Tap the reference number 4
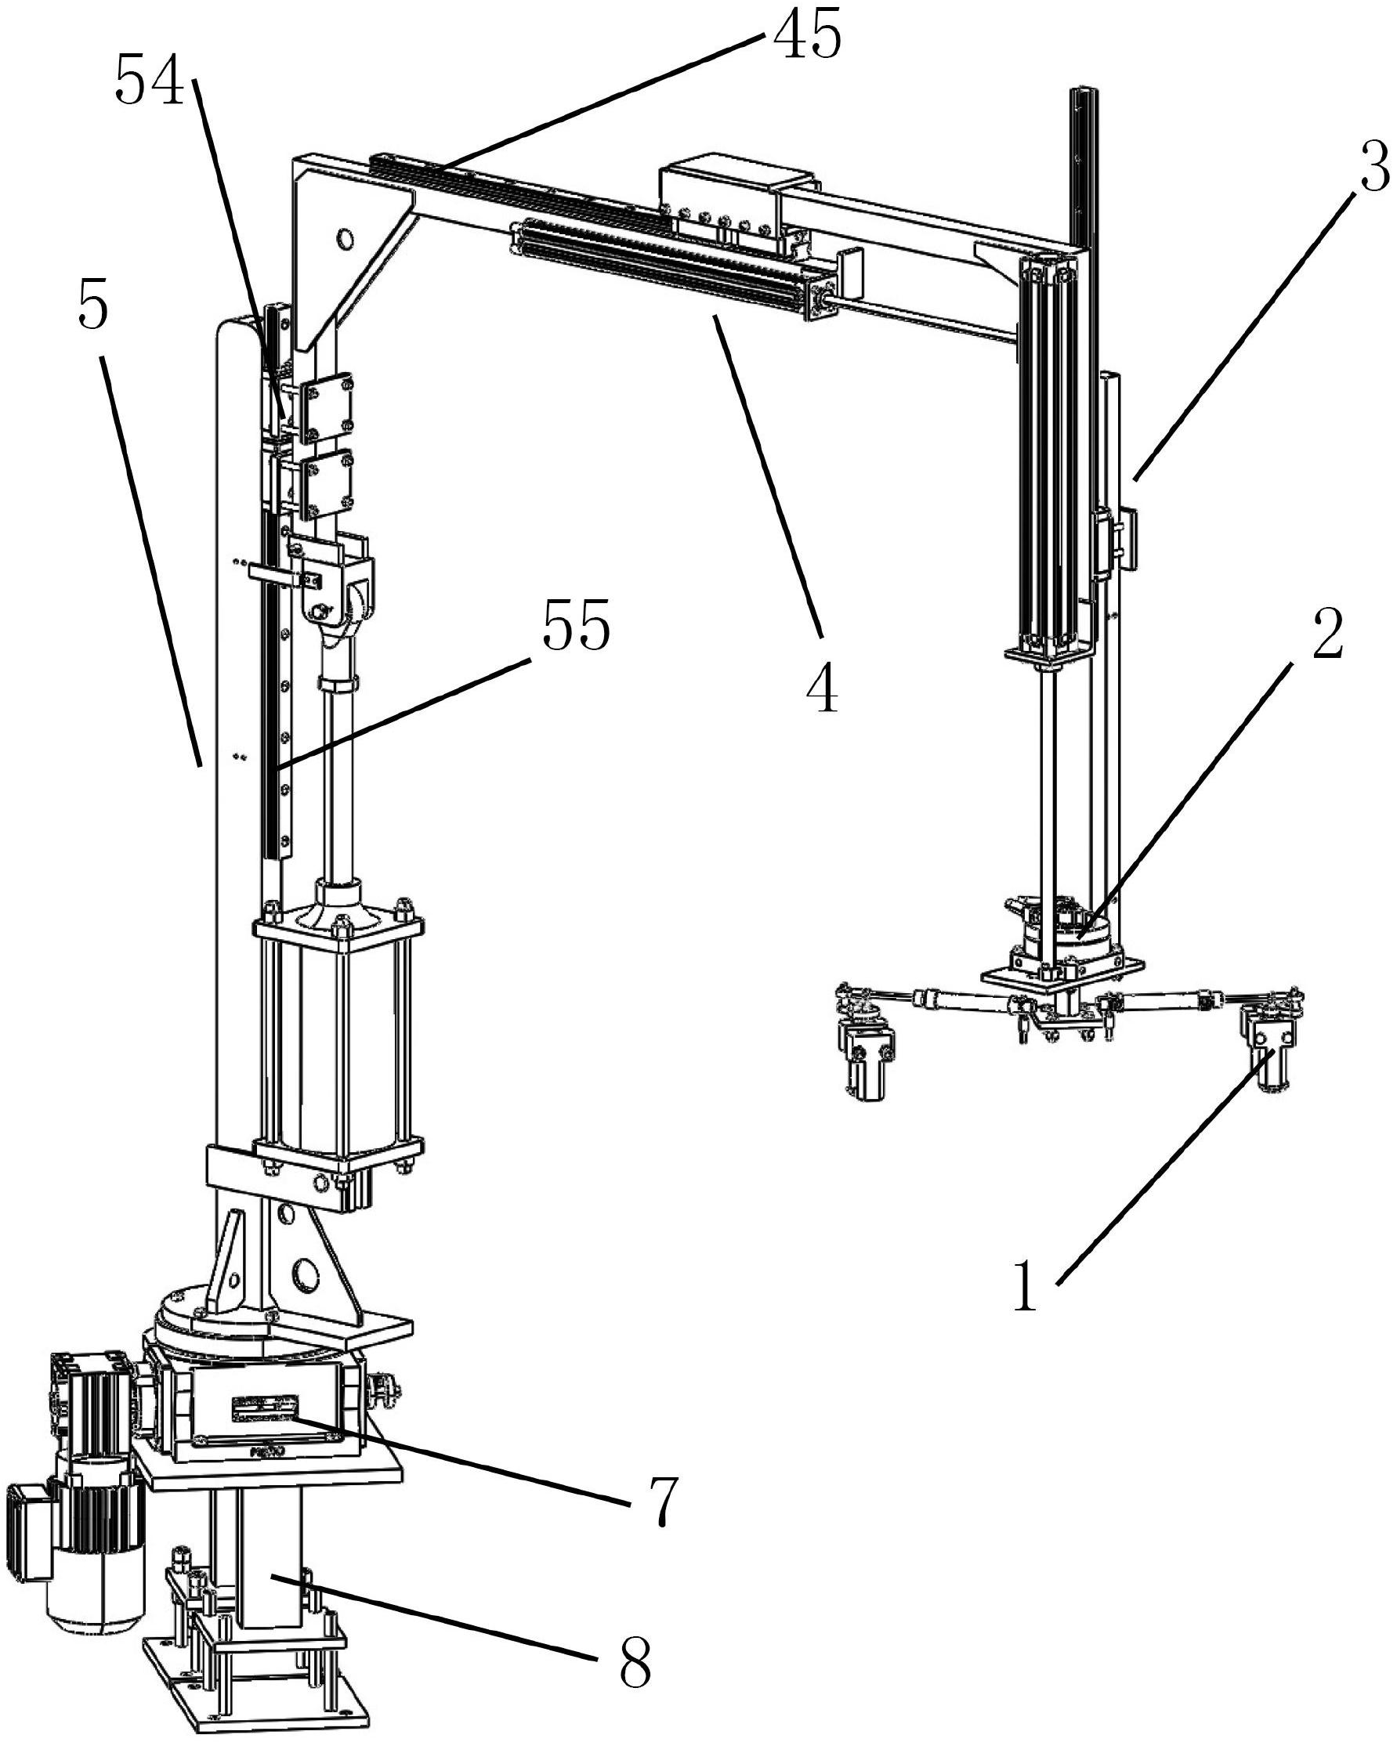(823, 689)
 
